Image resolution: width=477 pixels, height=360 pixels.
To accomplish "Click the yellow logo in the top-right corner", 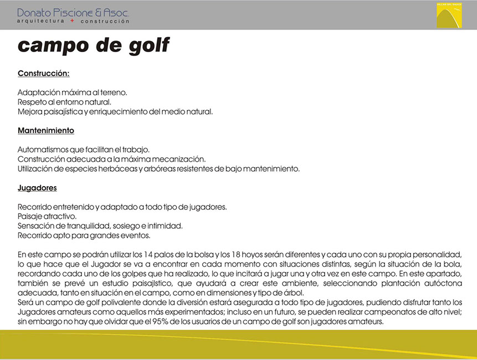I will [x=449, y=15].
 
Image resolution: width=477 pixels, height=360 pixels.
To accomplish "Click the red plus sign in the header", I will [x=72, y=20].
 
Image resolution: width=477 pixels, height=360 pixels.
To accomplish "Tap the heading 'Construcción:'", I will [x=43, y=73].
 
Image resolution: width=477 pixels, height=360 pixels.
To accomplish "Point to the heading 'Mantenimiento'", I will [x=46, y=131].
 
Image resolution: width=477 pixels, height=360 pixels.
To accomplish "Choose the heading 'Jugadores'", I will [x=37, y=188].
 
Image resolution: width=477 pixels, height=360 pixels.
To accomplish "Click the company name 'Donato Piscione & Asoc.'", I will [x=74, y=12].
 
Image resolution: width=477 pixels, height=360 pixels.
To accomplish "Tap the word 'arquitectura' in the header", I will [x=41, y=21].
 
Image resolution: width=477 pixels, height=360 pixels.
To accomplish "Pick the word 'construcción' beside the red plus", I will [x=105, y=21].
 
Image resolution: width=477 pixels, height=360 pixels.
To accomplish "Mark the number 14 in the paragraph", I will [x=148, y=254].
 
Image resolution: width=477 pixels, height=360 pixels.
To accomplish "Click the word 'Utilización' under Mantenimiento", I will [x=36, y=169].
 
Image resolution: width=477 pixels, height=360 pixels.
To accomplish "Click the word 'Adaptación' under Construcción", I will [x=37, y=92].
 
